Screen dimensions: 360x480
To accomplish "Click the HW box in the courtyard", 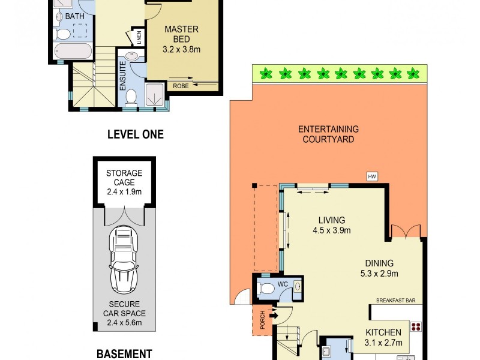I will pyautogui.click(x=372, y=176).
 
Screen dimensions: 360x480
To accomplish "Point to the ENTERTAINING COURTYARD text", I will pyautogui.click(x=328, y=134).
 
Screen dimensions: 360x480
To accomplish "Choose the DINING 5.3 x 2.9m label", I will pyautogui.click(x=379, y=268).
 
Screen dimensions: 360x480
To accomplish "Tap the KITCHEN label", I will pyautogui.click(x=383, y=337).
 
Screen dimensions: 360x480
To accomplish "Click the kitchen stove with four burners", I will pyautogui.click(x=415, y=328).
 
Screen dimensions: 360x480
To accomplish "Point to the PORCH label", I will pyautogui.click(x=262, y=322).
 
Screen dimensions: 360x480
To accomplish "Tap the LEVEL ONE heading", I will pyautogui.click(x=135, y=134).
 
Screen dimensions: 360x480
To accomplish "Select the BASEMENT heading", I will pyautogui.click(x=124, y=353).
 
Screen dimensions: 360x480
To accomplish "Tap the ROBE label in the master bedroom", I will pyautogui.click(x=180, y=86).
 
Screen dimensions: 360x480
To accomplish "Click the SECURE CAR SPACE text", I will pyautogui.click(x=124, y=313).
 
